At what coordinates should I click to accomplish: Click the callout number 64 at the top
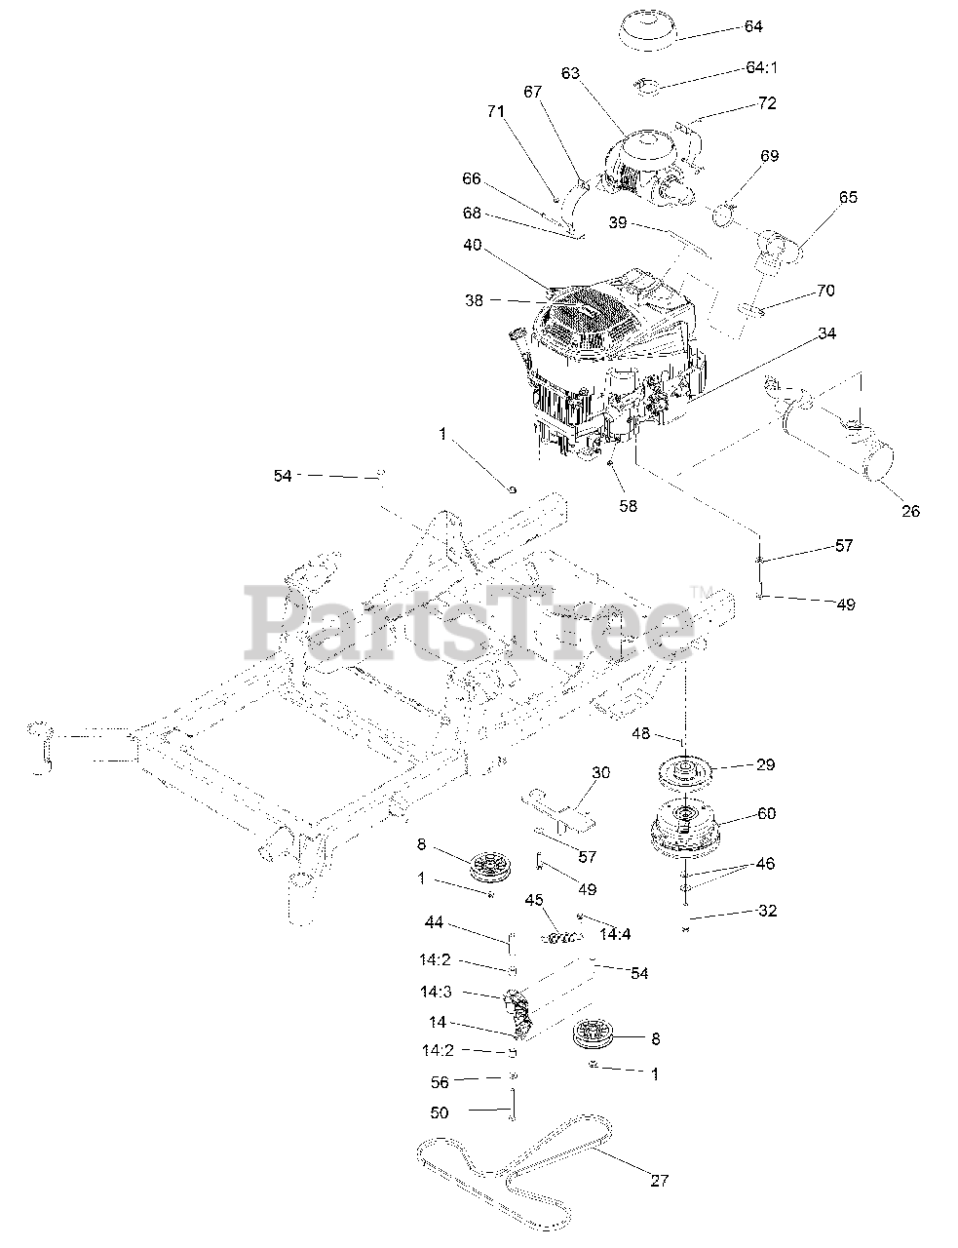point(752,26)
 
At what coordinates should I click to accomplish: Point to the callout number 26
point(909,510)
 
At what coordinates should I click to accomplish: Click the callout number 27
point(660,1181)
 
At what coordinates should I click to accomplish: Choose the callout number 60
point(766,813)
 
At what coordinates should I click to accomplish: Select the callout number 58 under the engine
point(628,506)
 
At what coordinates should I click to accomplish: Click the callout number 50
point(439,1112)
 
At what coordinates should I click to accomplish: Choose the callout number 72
point(767,102)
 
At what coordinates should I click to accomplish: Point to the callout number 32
point(766,912)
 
